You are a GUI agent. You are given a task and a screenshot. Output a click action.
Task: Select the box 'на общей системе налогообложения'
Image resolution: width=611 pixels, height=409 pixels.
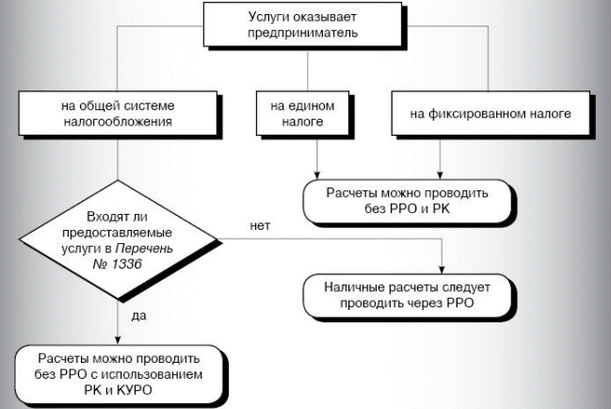click(114, 114)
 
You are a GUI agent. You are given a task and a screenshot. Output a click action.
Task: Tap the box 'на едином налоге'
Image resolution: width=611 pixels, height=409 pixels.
click(294, 114)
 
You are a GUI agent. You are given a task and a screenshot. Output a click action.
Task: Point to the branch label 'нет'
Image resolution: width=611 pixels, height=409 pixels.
click(260, 226)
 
